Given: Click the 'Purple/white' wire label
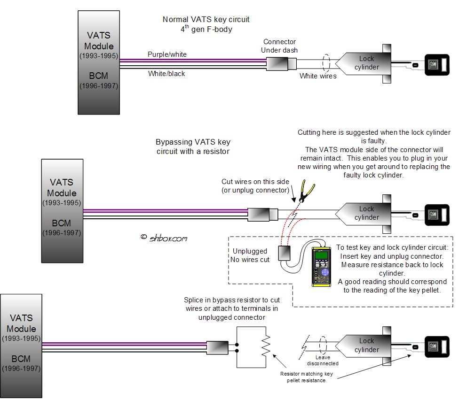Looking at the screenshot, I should (x=167, y=54).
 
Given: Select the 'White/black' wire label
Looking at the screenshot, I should (x=166, y=74).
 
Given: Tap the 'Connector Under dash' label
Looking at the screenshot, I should (x=280, y=46).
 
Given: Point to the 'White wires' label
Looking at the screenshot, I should (x=318, y=76).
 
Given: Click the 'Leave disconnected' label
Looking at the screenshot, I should (x=322, y=360).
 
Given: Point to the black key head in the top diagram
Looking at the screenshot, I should (x=437, y=65).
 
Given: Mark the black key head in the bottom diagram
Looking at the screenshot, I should (x=437, y=347).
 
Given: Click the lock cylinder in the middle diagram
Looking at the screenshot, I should (x=364, y=213).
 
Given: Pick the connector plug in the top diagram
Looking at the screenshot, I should (x=281, y=63).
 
